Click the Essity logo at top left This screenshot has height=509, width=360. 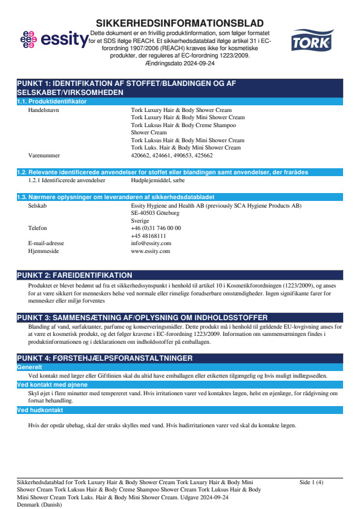53,41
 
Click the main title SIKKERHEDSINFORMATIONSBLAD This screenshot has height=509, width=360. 180,22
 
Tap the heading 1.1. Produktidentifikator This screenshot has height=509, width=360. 52,101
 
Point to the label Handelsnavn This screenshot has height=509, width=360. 44,110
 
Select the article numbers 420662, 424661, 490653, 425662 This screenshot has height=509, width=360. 172,155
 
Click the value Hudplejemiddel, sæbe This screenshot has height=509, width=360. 158,180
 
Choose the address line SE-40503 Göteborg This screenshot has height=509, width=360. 155,214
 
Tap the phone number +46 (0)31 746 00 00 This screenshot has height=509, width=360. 155,228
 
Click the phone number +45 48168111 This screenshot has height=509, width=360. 149,235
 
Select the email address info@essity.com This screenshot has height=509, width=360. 151,243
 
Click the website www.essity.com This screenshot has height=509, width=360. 150,250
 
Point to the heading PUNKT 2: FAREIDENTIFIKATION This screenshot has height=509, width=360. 74,275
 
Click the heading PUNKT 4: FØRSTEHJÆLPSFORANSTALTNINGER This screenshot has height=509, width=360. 105,359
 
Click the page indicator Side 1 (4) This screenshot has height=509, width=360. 312,482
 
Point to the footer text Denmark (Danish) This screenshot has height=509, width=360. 39,504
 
